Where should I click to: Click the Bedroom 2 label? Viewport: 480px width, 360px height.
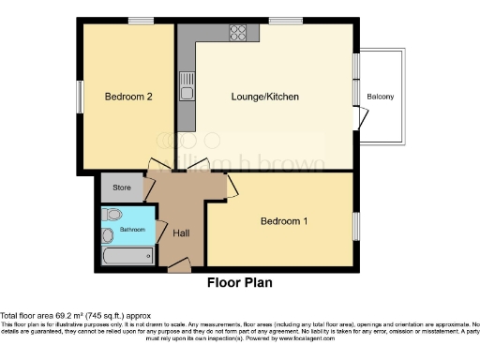click(x=122, y=97)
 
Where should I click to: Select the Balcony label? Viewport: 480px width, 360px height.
click(x=380, y=97)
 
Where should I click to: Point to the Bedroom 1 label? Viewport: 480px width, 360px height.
click(x=283, y=221)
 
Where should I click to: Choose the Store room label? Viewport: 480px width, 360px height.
click(x=122, y=187)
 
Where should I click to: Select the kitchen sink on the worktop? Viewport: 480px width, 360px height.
click(x=187, y=85)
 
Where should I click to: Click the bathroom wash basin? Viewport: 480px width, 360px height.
click(x=108, y=234)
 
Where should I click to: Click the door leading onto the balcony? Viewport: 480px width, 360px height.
click(x=358, y=117)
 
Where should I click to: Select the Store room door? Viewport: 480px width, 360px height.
click(x=148, y=188)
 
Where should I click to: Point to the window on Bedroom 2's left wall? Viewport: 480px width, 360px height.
click(x=81, y=95)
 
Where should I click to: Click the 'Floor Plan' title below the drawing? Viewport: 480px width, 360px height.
click(x=239, y=281)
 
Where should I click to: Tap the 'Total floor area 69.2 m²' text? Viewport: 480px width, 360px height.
click(x=75, y=316)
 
